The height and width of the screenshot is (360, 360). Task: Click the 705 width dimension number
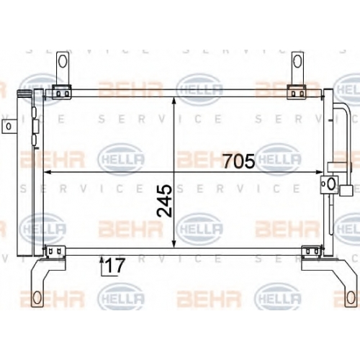(239, 161)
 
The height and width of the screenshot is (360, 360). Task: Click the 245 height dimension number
(165, 201)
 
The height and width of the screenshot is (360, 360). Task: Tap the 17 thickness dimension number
(115, 266)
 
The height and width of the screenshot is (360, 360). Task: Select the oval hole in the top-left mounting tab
(63, 61)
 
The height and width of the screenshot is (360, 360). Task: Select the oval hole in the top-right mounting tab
(297, 61)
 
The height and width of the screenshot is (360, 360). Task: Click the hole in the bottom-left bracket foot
(37, 297)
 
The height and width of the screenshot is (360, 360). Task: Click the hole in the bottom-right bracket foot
(350, 297)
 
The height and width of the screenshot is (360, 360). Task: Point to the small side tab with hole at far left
(9, 126)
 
